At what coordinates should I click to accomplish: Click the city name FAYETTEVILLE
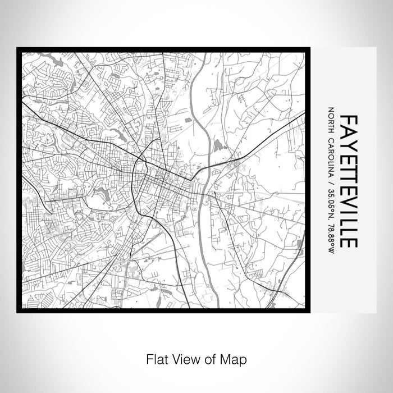pyautogui.click(x=349, y=181)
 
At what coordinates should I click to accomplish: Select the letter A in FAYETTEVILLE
pyautogui.click(x=349, y=131)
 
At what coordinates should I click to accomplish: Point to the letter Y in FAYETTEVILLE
pyautogui.click(x=349, y=142)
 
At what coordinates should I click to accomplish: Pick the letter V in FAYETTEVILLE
pyautogui.click(x=349, y=197)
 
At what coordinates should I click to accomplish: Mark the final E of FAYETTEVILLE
pyautogui.click(x=349, y=241)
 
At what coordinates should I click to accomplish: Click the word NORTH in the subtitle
pyautogui.click(x=332, y=119)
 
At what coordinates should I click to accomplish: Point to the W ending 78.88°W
pyautogui.click(x=332, y=251)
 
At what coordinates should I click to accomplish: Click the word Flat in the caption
pyautogui.click(x=156, y=358)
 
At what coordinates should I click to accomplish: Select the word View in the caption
pyautogui.click(x=182, y=358)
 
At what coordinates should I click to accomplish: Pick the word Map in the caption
pyautogui.click(x=229, y=358)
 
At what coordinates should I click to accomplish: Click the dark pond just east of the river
pyautogui.click(x=217, y=148)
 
